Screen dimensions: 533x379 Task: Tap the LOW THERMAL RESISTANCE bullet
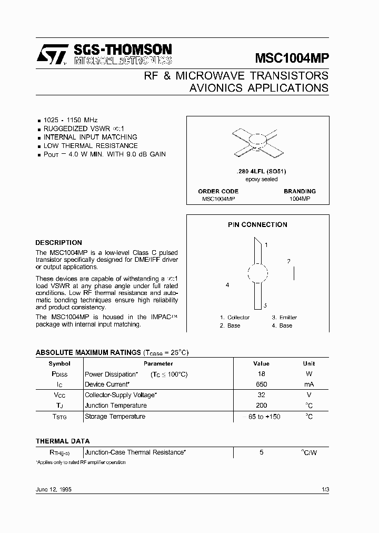point(90,145)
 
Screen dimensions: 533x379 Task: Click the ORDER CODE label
point(218,191)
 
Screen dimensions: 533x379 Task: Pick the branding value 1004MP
point(300,199)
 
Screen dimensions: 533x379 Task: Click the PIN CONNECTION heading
point(257,224)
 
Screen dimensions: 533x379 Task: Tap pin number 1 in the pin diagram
point(266,245)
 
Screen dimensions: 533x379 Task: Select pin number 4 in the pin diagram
point(227,285)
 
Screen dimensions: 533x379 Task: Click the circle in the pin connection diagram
point(257,274)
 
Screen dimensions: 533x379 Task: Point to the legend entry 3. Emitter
point(284,317)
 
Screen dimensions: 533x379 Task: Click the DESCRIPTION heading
point(58,243)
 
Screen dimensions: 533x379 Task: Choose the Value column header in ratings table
point(261,363)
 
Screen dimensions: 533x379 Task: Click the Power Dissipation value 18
point(261,374)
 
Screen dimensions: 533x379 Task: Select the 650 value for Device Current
point(261,384)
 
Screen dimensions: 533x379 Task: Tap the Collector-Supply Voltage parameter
point(119,395)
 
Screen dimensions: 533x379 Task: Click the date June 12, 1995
point(54,489)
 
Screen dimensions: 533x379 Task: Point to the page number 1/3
point(325,489)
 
